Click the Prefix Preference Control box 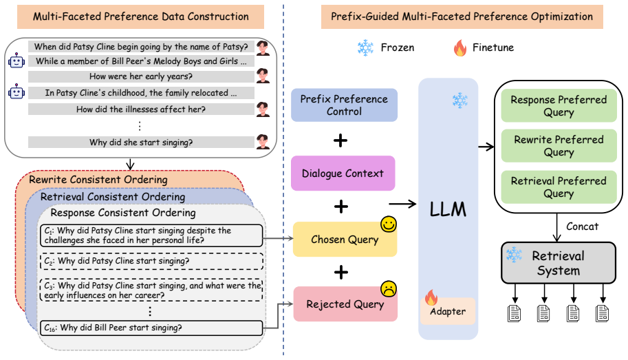[x=344, y=105]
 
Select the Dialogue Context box [x=343, y=173]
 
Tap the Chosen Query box [x=345, y=240]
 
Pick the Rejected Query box [x=345, y=304]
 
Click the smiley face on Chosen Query [x=389, y=224]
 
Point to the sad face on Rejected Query [x=389, y=288]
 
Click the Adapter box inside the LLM [x=448, y=311]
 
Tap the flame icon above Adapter [x=431, y=297]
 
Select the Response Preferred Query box [x=559, y=105]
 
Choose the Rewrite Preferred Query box [x=559, y=145]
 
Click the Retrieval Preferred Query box [x=559, y=187]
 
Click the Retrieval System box [x=559, y=263]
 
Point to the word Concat [x=583, y=226]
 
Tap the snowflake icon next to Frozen [x=365, y=47]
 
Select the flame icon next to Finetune [x=460, y=47]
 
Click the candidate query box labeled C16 [x=151, y=328]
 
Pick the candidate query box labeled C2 [x=151, y=261]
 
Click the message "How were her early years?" [x=141, y=76]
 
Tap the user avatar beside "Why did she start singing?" [x=263, y=142]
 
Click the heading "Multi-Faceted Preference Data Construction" [x=140, y=17]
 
